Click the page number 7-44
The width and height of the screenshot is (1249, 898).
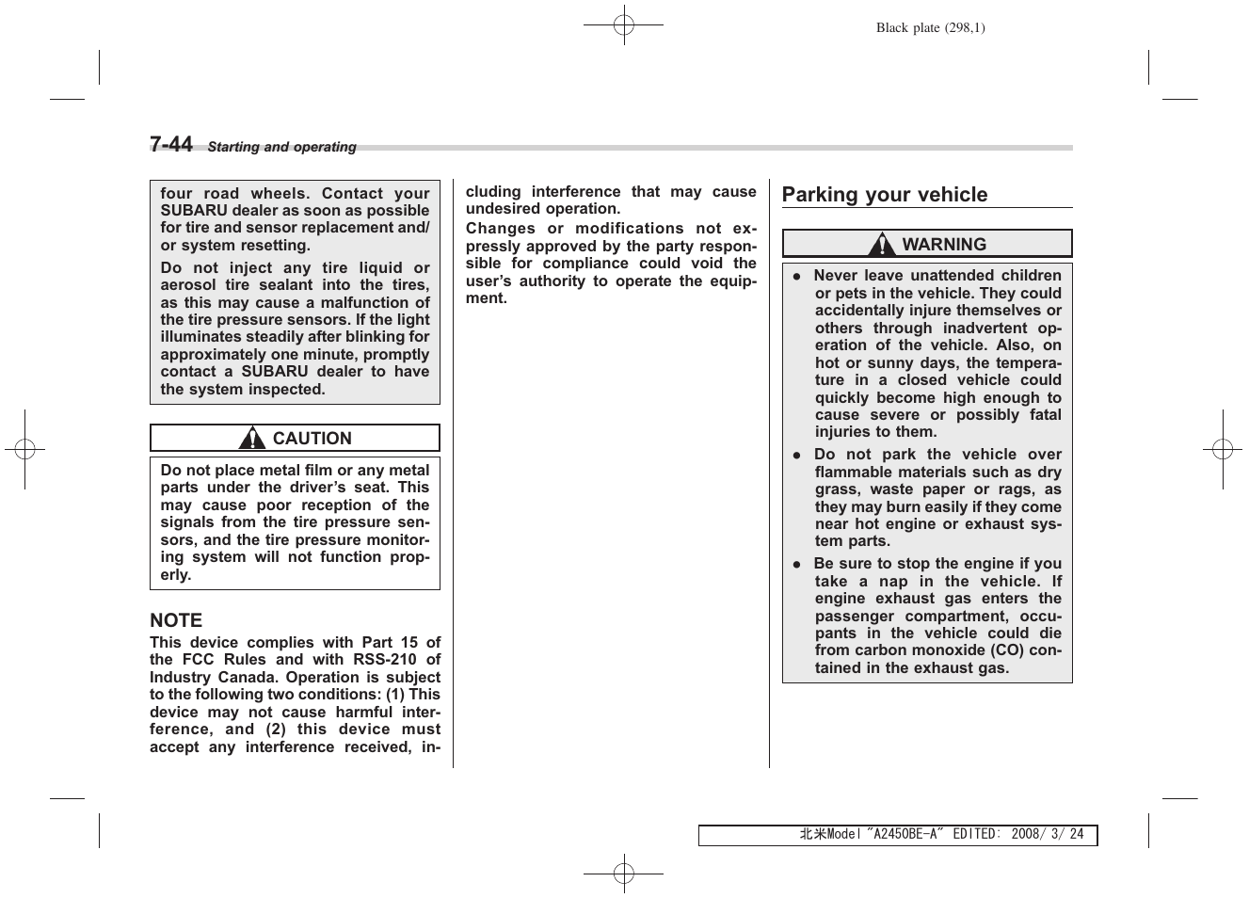pyautogui.click(x=170, y=144)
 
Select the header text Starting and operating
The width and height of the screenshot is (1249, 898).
pyautogui.click(x=281, y=147)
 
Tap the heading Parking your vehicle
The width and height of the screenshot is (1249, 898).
pyautogui.click(x=884, y=195)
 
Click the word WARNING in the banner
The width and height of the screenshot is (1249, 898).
pyautogui.click(x=944, y=245)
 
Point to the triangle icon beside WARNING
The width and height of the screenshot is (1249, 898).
pyautogui.click(x=882, y=245)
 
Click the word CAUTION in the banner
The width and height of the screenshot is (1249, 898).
pyautogui.click(x=312, y=439)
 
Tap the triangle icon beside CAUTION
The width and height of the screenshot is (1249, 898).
pyautogui.click(x=251, y=439)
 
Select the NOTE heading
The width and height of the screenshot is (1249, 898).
pyautogui.click(x=176, y=620)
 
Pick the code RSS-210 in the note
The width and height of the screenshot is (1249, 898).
pyautogui.click(x=384, y=660)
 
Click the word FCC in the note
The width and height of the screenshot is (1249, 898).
pyautogui.click(x=198, y=660)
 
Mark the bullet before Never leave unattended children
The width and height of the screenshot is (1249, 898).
pyautogui.click(x=796, y=277)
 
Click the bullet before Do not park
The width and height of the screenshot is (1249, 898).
pyautogui.click(x=796, y=456)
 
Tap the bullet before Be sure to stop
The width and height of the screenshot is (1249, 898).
pyautogui.click(x=796, y=565)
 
